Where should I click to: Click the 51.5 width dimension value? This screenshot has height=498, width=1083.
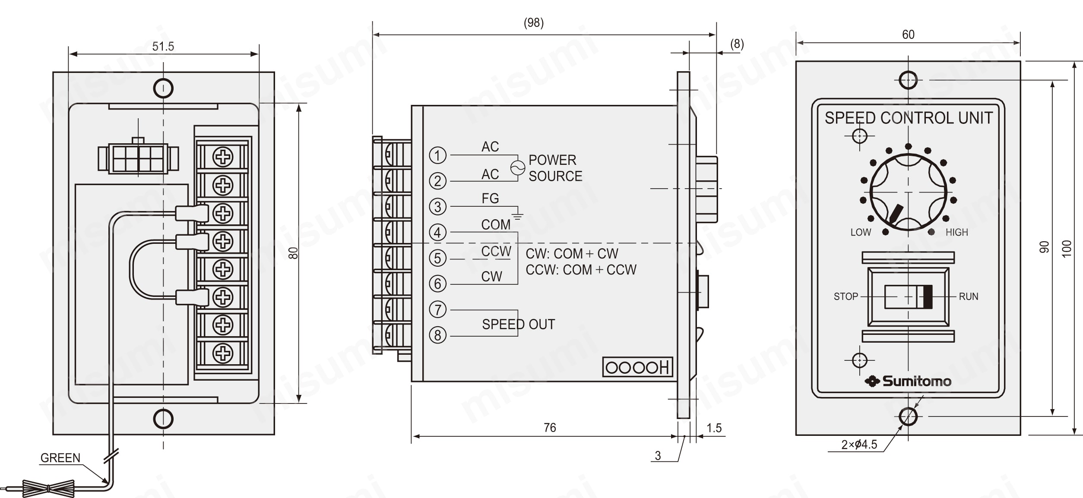pos(163,47)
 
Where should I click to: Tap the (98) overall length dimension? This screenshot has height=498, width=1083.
pos(534,23)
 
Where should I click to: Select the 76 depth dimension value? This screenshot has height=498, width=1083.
pos(550,428)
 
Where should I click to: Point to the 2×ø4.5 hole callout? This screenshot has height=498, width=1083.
pos(859,444)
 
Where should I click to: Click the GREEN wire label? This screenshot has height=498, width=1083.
pos(60,458)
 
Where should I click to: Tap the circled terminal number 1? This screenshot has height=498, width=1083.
pos(437,155)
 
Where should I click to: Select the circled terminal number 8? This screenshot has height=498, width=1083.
pos(437,335)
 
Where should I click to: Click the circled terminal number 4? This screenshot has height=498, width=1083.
pos(437,232)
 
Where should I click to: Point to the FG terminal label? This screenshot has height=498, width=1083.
pos(490,199)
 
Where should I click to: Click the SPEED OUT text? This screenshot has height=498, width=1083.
pos(518,325)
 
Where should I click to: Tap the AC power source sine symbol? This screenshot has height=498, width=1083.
pos(518,168)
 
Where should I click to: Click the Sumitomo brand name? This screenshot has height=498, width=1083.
pos(917,381)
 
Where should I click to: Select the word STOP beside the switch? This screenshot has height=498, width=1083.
pos(845,296)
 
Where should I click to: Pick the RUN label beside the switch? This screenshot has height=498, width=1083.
pos(969,296)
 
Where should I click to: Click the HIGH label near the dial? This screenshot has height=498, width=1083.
pos(957,232)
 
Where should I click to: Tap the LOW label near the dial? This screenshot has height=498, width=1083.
pos(861,232)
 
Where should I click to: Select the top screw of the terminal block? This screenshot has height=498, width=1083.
pos(223,157)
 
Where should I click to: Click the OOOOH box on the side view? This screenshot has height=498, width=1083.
pos(637,367)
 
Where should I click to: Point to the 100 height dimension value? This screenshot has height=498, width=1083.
pos(1067,249)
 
